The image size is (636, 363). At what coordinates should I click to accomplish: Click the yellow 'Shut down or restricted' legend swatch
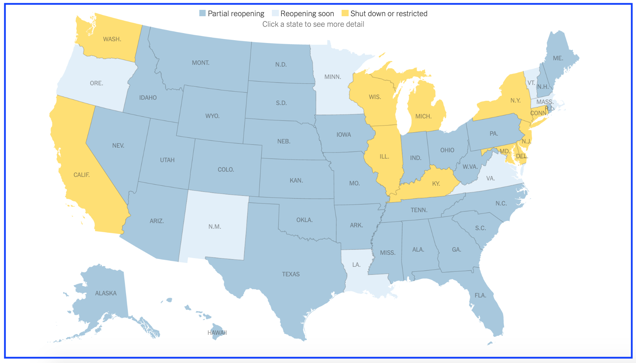pos(345,13)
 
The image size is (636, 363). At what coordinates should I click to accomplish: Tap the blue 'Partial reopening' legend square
pos(202,13)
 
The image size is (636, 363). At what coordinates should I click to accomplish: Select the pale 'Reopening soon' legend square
pos(275,13)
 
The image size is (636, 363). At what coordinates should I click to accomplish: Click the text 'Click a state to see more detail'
pos(313,24)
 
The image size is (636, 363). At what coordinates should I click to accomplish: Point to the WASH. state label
pos(112,39)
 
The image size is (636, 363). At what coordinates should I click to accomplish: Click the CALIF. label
pos(81,175)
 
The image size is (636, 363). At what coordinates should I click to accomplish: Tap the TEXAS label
pos(291,274)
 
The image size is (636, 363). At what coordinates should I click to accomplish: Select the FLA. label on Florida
pos(480,295)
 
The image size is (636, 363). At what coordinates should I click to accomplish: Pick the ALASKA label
pos(106,293)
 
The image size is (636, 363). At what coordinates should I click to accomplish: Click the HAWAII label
pos(217,333)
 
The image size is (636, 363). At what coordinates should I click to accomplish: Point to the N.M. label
pos(214,227)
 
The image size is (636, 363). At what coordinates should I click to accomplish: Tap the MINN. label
pos(332,77)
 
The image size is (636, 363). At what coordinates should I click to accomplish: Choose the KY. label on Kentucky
pos(436,184)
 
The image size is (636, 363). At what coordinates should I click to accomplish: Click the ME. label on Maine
pos(558,58)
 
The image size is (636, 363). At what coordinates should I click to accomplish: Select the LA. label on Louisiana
pos(356,265)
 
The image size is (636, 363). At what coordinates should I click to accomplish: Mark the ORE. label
pos(96,83)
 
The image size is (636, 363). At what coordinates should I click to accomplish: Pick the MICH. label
pos(423,116)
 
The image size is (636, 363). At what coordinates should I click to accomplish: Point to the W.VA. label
pos(470,167)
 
